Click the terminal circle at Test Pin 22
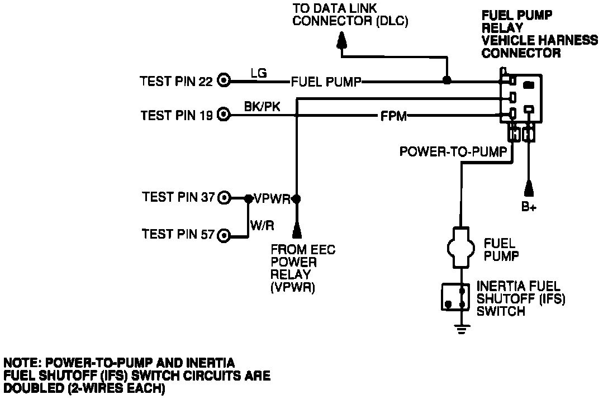pyautogui.click(x=224, y=81)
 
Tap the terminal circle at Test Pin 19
pyautogui.click(x=224, y=115)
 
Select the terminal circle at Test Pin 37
pyautogui.click(x=224, y=197)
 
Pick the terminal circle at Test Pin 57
pyautogui.click(x=224, y=235)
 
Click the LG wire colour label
pyautogui.click(x=259, y=73)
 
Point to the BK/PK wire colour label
pyautogui.click(x=262, y=107)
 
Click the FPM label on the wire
pyautogui.click(x=393, y=116)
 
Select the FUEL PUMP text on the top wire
pyautogui.click(x=326, y=82)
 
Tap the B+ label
pyautogui.click(x=529, y=207)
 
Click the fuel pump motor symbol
pyautogui.click(x=462, y=246)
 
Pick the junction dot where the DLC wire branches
pyautogui.click(x=447, y=80)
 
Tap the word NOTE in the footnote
pyautogui.click(x=21, y=363)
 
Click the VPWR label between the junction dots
pyautogui.click(x=272, y=198)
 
